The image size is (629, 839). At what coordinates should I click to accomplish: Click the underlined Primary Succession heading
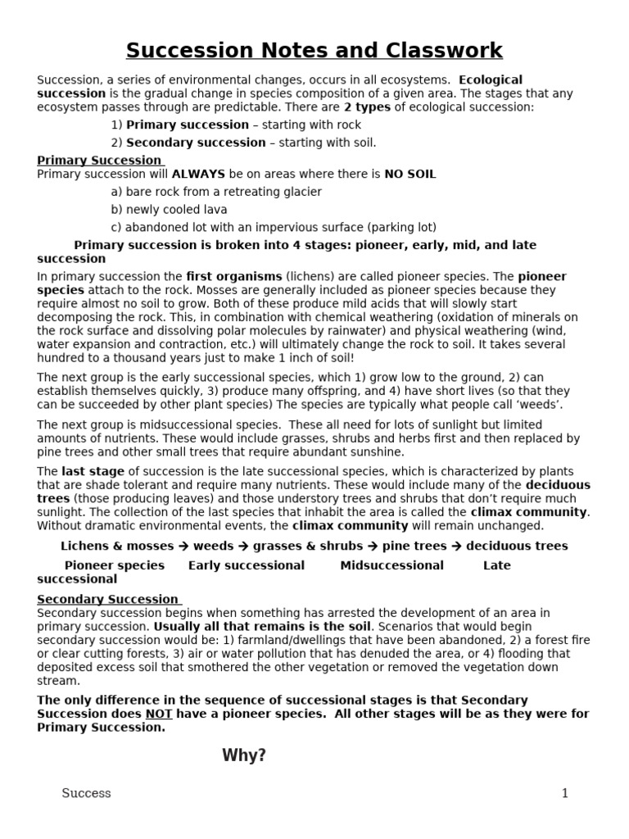[99, 161]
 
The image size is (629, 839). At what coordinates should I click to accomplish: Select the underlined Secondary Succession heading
[107, 599]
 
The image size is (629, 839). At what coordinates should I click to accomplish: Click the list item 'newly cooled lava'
[169, 209]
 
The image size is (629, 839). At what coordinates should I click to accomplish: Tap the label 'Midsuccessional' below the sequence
[391, 565]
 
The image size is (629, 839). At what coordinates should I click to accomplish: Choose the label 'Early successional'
[247, 565]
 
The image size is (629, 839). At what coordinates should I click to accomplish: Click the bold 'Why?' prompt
[244, 755]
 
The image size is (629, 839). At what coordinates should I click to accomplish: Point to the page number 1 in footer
[564, 793]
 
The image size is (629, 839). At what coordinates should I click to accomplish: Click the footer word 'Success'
[87, 793]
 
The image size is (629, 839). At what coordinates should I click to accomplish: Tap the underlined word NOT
[159, 714]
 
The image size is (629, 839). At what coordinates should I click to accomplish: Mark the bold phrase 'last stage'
[93, 471]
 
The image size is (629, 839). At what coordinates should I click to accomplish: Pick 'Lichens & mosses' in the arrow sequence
[117, 546]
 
